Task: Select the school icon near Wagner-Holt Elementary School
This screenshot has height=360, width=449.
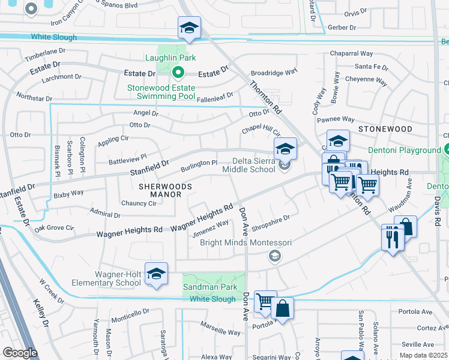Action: [156, 274]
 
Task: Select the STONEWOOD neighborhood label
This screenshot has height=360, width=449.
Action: [385, 129]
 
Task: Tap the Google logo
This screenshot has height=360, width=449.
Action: [20, 353]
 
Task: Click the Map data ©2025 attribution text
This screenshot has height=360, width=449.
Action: [424, 355]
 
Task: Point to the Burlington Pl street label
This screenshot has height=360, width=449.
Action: [199, 163]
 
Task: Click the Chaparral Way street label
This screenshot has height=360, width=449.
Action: [355, 53]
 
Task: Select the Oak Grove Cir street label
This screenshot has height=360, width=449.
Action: [53, 229]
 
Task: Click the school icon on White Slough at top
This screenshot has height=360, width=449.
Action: [189, 28]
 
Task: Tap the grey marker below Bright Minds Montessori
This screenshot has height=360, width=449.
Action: [275, 257]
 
